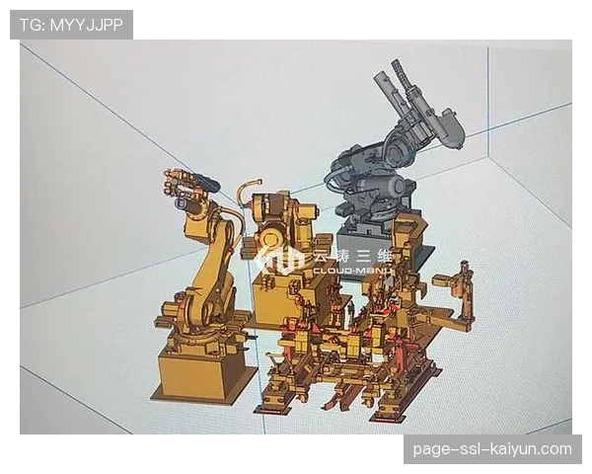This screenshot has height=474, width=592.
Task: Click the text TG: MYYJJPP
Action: (71, 25)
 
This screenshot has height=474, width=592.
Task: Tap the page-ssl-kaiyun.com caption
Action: (492, 449)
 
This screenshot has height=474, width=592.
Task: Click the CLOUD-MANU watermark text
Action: (352, 271)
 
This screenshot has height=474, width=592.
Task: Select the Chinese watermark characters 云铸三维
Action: (353, 257)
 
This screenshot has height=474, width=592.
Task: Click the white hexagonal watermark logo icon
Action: (280, 259)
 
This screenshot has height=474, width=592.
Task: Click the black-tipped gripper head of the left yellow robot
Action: (190, 188)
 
